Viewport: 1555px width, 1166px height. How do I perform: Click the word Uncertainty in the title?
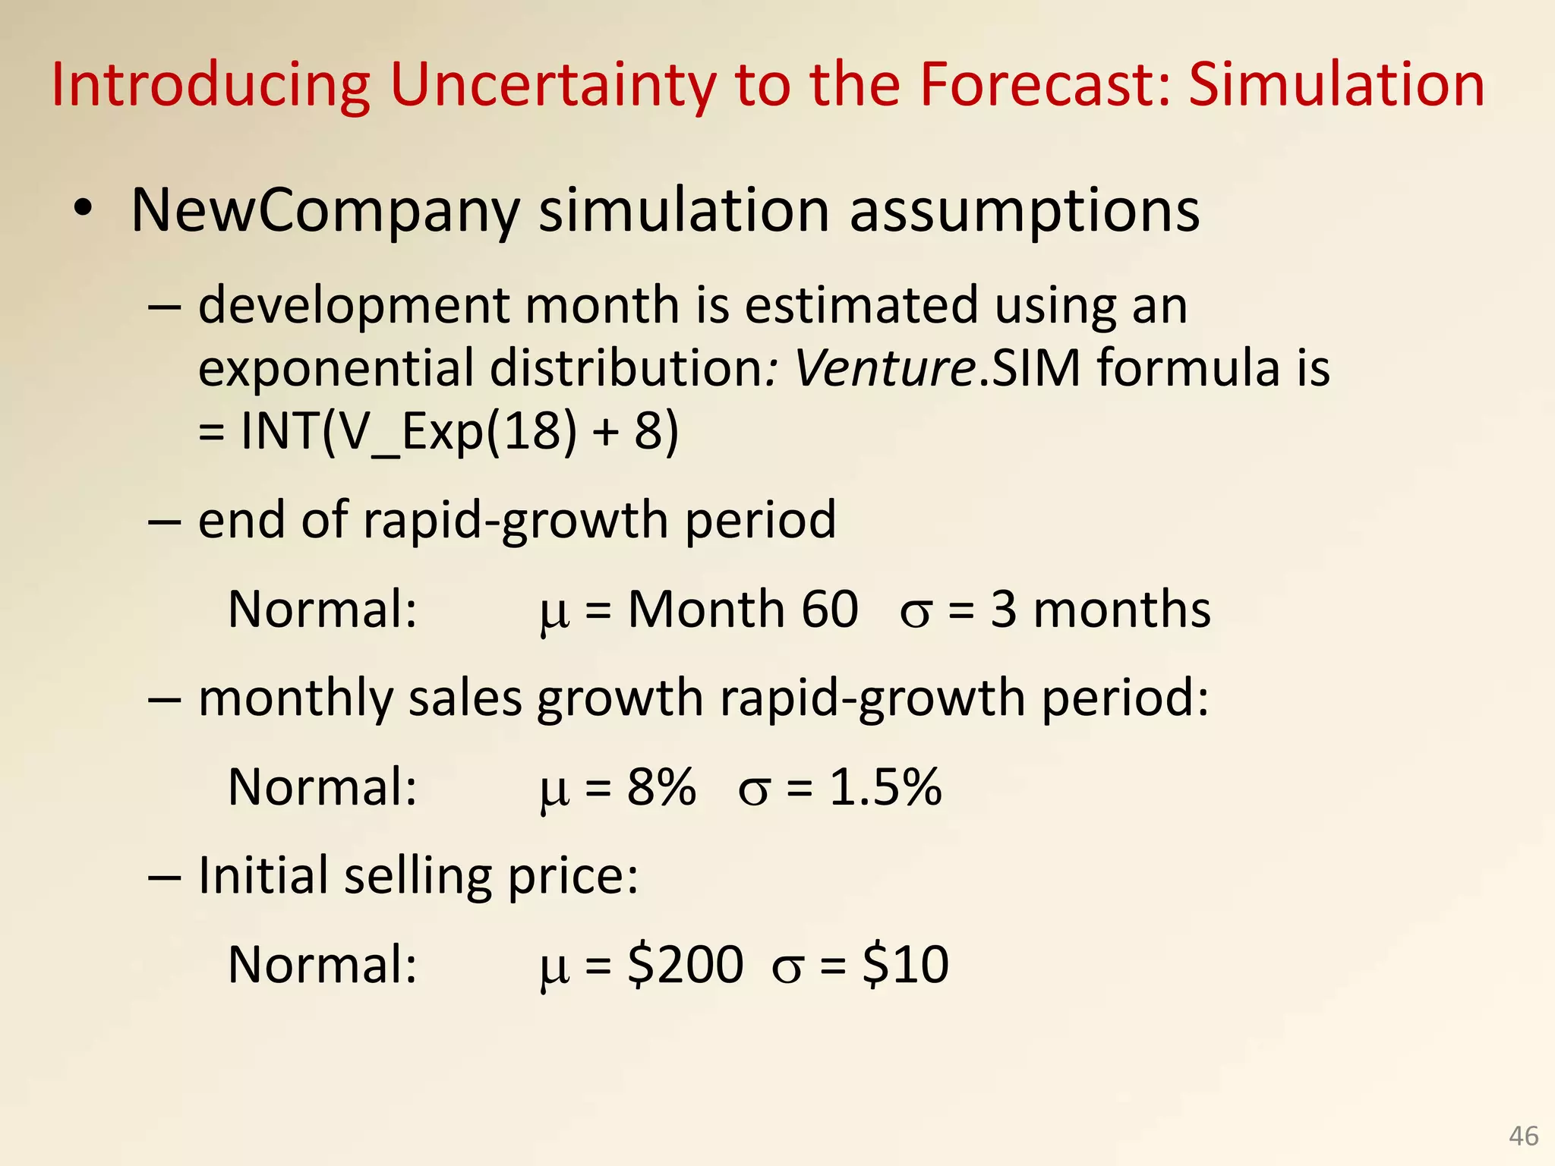[x=553, y=85]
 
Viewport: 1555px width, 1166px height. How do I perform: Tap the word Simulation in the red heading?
[x=1336, y=85]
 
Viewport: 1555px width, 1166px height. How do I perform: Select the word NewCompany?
[x=325, y=210]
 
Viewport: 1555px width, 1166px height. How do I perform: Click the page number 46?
[x=1524, y=1136]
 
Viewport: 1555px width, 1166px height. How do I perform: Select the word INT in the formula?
[x=278, y=431]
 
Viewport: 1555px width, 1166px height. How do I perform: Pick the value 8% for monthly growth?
[x=661, y=786]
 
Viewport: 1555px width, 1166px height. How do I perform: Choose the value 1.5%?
[x=885, y=786]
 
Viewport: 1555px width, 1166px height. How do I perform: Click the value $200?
[x=685, y=964]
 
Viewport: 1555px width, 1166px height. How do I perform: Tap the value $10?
[x=905, y=964]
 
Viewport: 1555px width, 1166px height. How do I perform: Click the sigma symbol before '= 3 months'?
[x=915, y=612]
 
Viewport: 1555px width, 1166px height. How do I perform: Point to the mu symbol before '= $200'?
[x=554, y=967]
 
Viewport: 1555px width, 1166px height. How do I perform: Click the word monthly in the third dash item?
[x=295, y=698]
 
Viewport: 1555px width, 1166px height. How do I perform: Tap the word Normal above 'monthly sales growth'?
[x=322, y=609]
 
